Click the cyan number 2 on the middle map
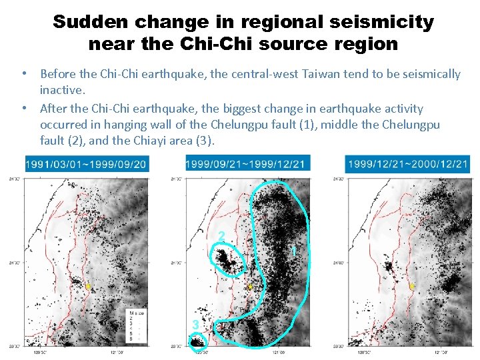(221, 235)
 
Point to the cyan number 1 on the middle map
(293, 251)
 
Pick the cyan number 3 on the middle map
(195, 324)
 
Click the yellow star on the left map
(88, 287)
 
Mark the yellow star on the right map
(412, 287)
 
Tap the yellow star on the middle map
(250, 287)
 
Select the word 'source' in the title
(289, 45)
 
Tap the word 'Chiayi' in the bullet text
(138, 141)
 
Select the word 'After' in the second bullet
(54, 108)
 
